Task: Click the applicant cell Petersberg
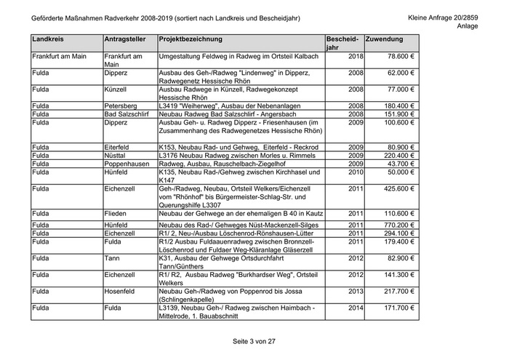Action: pos(121,106)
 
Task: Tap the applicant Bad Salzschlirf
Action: pos(127,114)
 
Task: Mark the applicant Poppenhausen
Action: pos(127,164)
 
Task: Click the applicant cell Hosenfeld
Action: pos(121,291)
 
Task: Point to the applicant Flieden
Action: pos(117,213)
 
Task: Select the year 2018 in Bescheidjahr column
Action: pos(356,56)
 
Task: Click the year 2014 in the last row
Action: pos(356,308)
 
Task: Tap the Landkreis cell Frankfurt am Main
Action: pos(60,56)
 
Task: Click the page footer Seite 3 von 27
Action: pos(254,341)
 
